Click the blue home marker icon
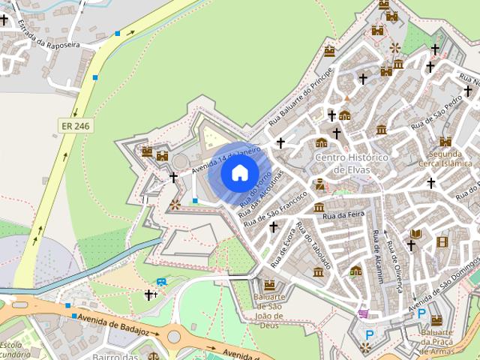[239, 173]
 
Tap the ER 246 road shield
[76, 126]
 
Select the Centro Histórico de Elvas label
[350, 163]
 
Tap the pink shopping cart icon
[364, 313]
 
